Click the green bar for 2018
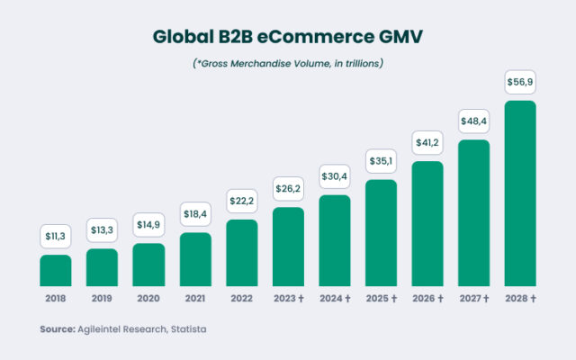55,270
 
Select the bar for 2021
194,259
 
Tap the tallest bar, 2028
520,193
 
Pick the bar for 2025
381,232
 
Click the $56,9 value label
520,83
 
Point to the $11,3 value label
55,237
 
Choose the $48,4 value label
473,120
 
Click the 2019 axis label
102,298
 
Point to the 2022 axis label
241,298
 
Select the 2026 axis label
427,298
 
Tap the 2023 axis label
288,298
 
